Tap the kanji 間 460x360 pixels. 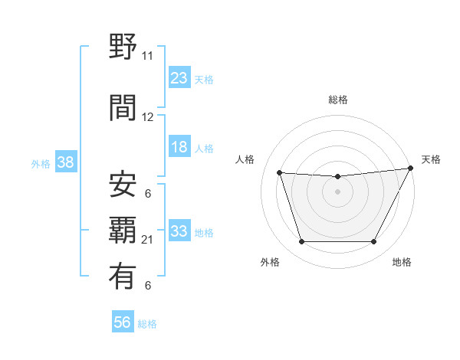point(123,109)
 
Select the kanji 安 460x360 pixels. point(123,185)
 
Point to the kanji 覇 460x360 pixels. point(123,231)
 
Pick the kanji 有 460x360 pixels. point(123,277)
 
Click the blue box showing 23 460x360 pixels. point(179,78)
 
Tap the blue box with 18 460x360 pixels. point(179,148)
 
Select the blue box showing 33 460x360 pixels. point(179,231)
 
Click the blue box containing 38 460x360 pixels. point(65,163)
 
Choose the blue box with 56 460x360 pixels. point(123,323)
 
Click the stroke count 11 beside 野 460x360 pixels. point(147,56)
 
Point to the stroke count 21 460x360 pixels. point(147,240)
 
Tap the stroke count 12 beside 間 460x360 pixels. point(147,117)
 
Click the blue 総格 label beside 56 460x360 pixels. point(147,324)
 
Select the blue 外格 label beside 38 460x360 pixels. point(41,164)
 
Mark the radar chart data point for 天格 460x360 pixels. point(410,169)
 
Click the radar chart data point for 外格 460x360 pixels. point(301,242)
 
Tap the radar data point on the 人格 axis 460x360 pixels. point(279,173)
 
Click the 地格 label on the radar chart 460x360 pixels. point(401,262)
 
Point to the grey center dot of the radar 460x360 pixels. point(337,191)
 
